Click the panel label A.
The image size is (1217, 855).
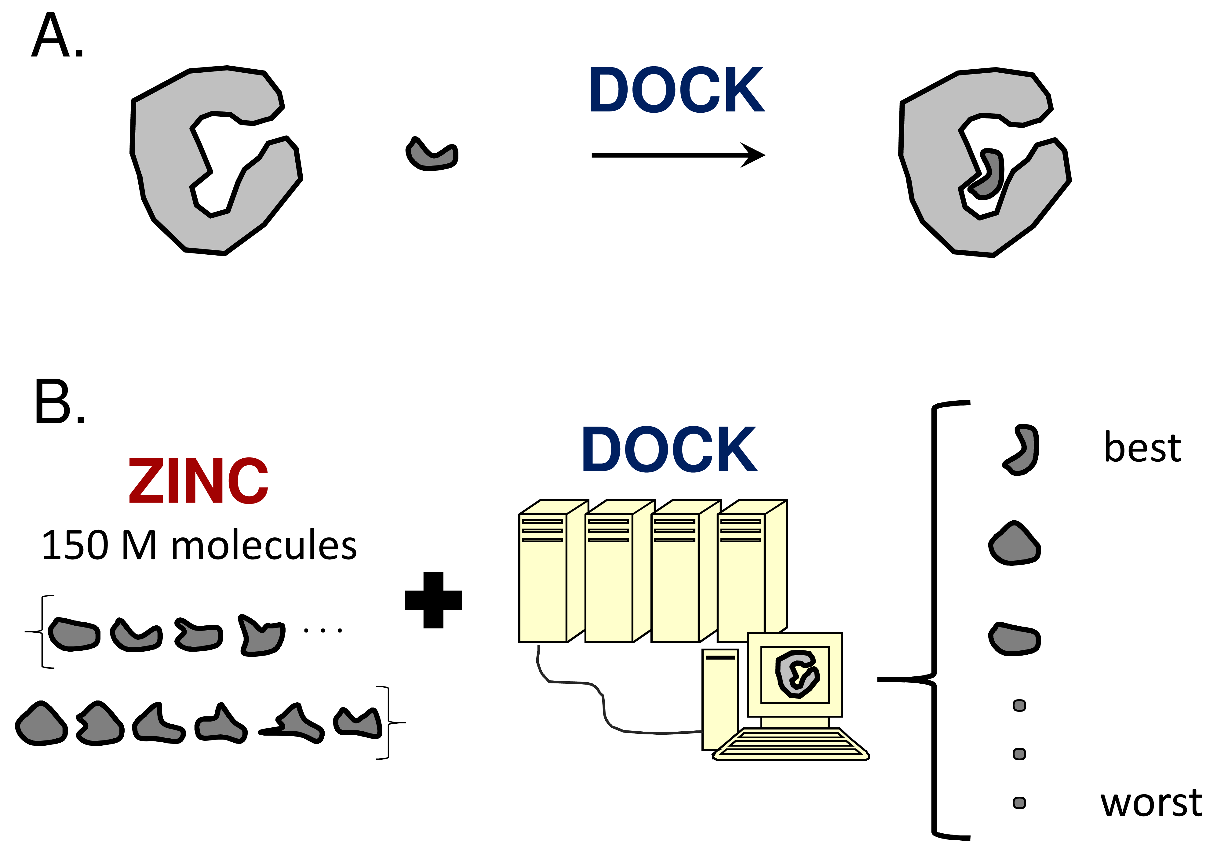coord(57,36)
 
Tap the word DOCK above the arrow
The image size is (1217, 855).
coord(676,90)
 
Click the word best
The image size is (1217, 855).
coord(1142,448)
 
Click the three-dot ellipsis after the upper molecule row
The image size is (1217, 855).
coord(322,630)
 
